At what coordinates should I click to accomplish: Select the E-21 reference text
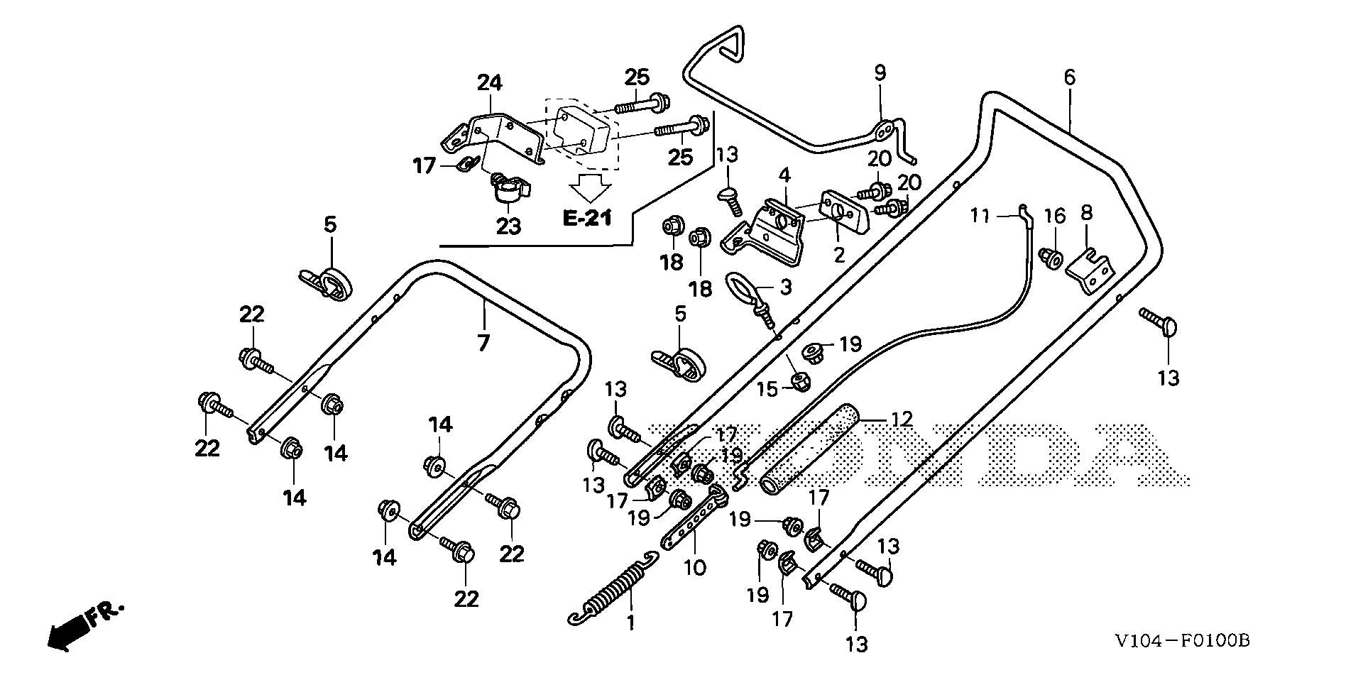pyautogui.click(x=587, y=218)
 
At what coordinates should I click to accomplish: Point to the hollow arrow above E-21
pyautogui.click(x=591, y=187)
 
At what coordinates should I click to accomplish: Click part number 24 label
pyautogui.click(x=489, y=83)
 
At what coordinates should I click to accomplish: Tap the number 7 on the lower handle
pyautogui.click(x=483, y=344)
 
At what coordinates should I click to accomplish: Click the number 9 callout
pyautogui.click(x=880, y=72)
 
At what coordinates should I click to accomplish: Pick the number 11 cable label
pyautogui.click(x=980, y=215)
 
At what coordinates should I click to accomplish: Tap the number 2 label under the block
pyautogui.click(x=839, y=255)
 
